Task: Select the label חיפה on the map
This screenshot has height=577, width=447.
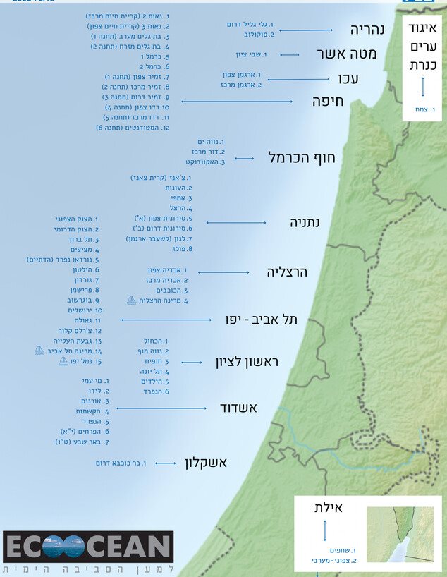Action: (327, 102)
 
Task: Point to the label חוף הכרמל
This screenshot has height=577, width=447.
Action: (302, 158)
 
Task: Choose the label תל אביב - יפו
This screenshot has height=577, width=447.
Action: (262, 320)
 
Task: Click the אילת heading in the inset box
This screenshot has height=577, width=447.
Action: (329, 508)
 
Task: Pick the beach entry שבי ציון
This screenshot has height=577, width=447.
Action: (252, 54)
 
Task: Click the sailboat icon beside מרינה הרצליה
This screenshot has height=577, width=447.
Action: (131, 300)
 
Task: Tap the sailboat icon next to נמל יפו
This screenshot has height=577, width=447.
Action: (62, 360)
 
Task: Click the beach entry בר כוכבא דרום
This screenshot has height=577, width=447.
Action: (122, 463)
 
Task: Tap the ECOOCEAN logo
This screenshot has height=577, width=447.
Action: (88, 547)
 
